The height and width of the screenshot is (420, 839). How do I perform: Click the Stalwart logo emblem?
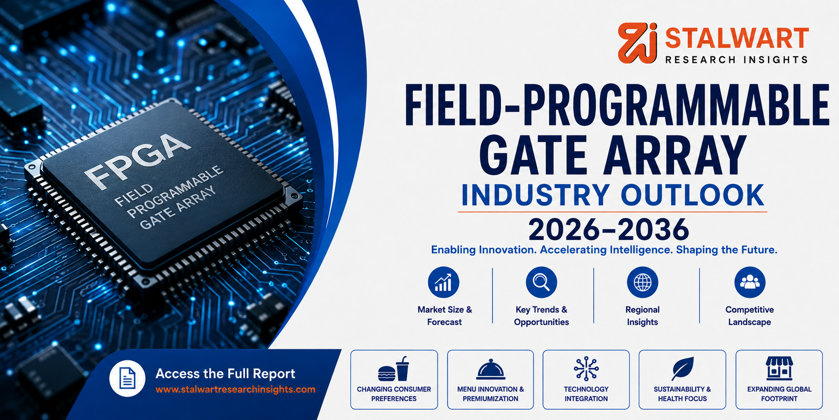pyautogui.click(x=638, y=43)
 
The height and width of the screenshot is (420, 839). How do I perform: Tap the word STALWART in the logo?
pyautogui.click(x=737, y=38)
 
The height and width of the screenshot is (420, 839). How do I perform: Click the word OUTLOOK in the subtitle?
pyautogui.click(x=692, y=195)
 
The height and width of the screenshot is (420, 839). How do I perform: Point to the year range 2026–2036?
pyautogui.click(x=609, y=230)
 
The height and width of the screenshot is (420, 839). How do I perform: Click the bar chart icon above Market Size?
pyautogui.click(x=444, y=282)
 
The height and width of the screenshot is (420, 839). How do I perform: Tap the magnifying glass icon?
pyautogui.click(x=542, y=282)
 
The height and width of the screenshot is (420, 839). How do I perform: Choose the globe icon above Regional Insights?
pyautogui.click(x=642, y=282)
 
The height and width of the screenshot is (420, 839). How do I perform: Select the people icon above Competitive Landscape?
pyautogui.click(x=750, y=282)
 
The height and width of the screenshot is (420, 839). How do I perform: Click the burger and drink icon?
pyautogui.click(x=393, y=369)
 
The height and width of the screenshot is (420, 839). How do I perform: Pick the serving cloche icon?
pyautogui.click(x=490, y=369)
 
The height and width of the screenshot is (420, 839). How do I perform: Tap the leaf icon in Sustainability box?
pyautogui.click(x=682, y=368)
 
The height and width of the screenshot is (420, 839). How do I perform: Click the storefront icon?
pyautogui.click(x=779, y=368)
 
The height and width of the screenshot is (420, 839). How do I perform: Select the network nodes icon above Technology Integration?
pyautogui.click(x=586, y=368)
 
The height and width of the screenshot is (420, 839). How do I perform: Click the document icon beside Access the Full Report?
pyautogui.click(x=127, y=379)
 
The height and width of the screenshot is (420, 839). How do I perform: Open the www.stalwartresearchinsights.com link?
pyautogui.click(x=236, y=390)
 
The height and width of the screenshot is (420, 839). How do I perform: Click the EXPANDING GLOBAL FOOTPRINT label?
pyautogui.click(x=779, y=394)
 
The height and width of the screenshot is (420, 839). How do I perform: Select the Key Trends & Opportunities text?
pyautogui.click(x=542, y=316)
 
